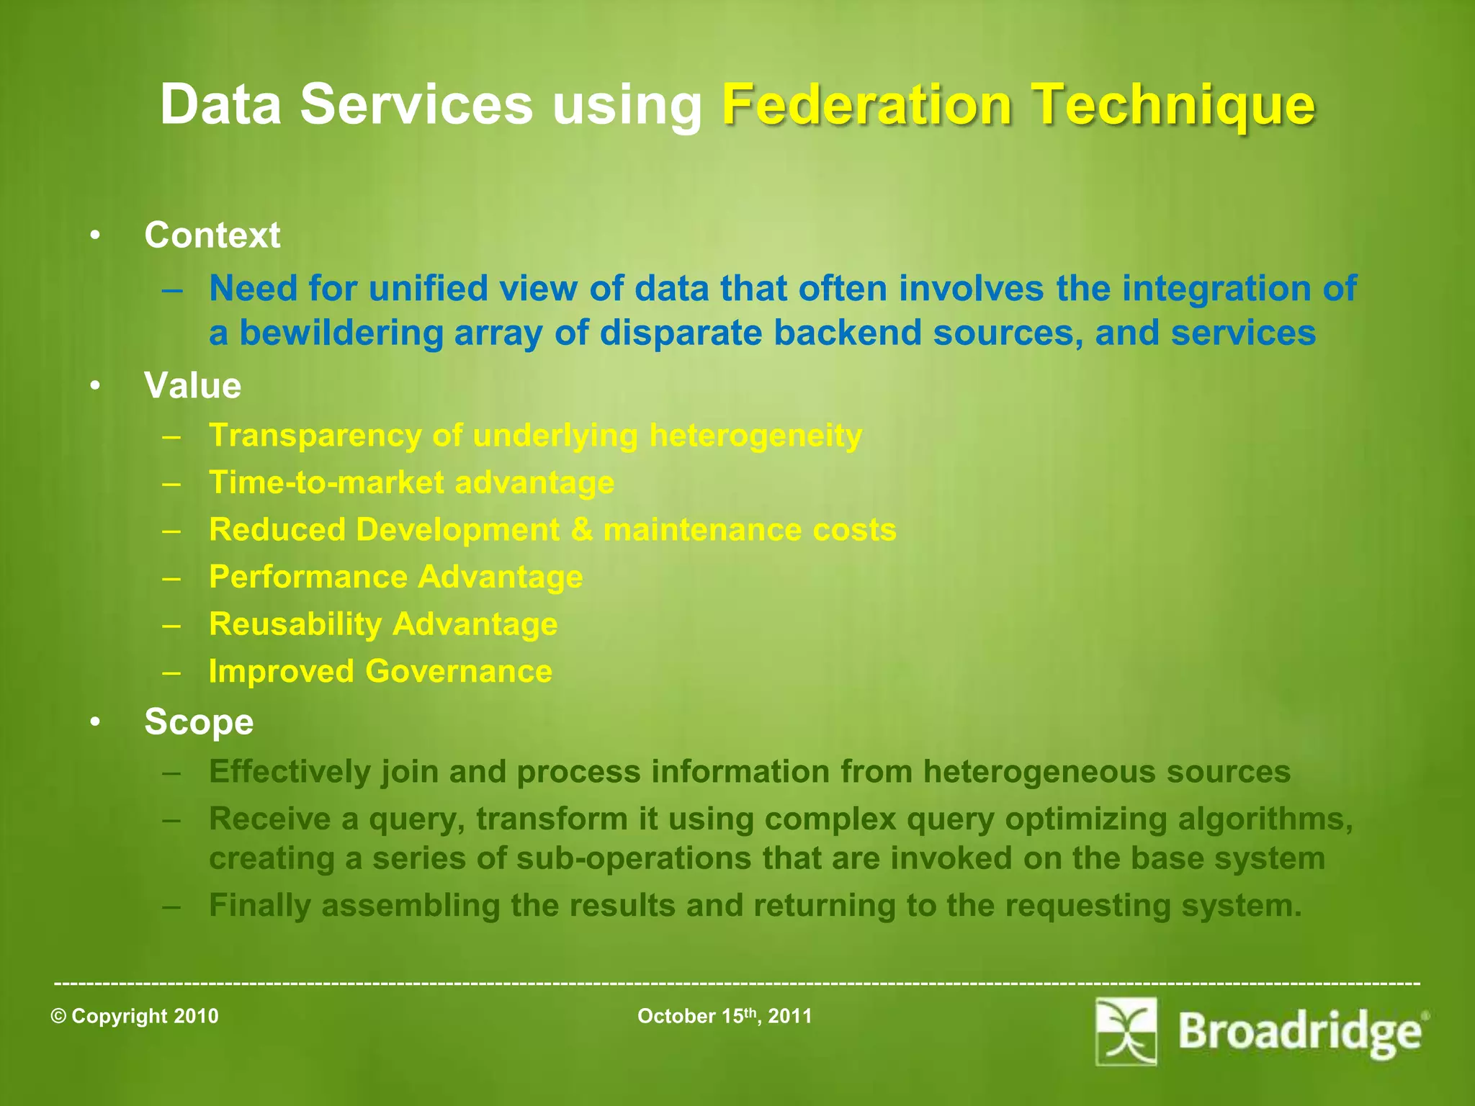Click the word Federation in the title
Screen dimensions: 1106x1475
867,105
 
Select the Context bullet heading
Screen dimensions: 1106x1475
212,235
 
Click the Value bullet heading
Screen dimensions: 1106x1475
192,385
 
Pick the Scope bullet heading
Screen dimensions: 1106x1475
199,721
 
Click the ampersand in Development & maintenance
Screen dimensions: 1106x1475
580,530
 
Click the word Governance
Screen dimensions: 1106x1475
459,671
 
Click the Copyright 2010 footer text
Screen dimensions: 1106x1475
135,1016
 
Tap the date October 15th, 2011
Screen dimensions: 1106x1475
725,1016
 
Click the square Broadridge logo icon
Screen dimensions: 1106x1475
1126,1031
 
